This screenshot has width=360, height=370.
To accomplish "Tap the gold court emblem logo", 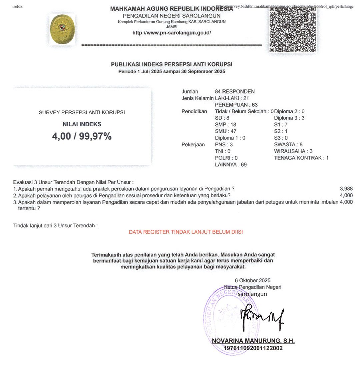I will point(62,29).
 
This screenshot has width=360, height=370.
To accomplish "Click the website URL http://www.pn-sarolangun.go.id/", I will point(172,33).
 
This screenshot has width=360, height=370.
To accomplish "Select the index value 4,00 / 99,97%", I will point(82,136).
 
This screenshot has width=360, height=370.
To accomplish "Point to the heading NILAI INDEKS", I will point(82,124).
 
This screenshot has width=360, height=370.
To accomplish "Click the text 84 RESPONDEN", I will point(235,91).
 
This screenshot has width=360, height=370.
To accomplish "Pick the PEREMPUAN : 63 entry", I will point(234,105).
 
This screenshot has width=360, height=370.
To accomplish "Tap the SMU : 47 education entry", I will point(225,131).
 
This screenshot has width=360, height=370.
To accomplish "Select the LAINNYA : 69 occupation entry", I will point(231,164).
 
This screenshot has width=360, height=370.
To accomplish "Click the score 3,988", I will point(346,189).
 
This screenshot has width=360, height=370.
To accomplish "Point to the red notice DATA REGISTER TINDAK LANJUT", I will point(186,232).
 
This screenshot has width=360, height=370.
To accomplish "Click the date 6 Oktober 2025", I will point(252,280).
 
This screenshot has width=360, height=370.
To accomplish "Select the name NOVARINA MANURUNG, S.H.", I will point(253,341).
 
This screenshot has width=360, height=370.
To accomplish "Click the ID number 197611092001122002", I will point(253,348).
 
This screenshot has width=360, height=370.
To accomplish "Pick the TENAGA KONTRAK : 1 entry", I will point(301,158).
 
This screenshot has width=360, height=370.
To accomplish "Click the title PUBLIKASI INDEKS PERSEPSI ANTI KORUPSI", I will point(172,64).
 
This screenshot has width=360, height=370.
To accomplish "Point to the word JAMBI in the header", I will point(172,27).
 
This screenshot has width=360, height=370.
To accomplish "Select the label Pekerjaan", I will point(193,144).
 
